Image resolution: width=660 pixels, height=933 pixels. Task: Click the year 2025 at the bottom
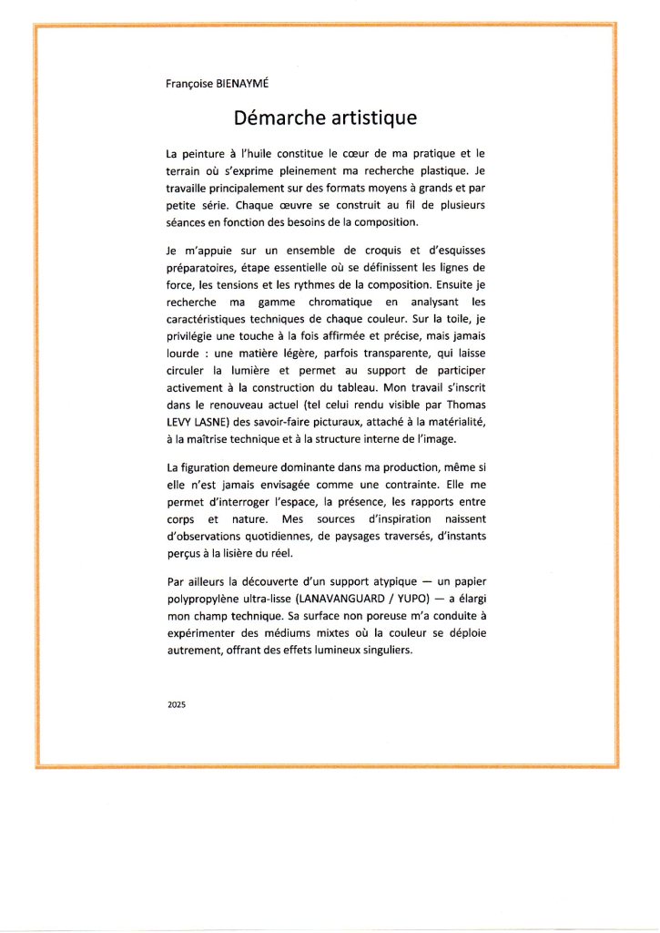click(x=176, y=705)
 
